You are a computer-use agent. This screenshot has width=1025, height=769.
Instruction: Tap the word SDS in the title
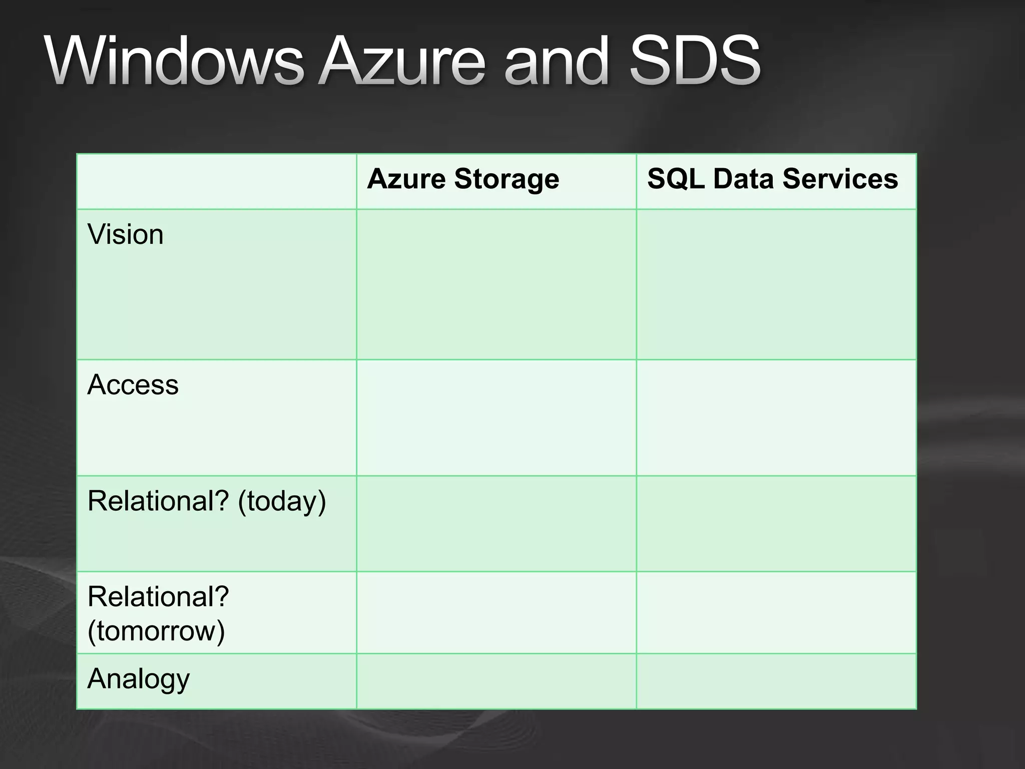point(695,61)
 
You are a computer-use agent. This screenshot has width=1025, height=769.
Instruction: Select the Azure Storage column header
point(463,179)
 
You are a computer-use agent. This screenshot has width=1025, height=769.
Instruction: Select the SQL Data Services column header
point(772,179)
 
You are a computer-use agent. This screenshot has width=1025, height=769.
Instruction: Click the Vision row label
point(126,234)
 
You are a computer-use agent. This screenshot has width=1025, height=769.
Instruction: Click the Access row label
point(133,384)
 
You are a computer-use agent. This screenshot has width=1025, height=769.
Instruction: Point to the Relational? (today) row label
point(206,501)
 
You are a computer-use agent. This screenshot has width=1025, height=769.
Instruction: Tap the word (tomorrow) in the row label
point(156,630)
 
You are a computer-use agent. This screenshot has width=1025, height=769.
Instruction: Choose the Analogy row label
point(139,679)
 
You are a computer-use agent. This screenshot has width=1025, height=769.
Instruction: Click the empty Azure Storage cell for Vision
point(496,284)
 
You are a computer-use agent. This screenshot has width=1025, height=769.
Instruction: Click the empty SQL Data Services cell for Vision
point(776,284)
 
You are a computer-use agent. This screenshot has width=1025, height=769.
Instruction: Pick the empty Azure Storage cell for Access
point(496,418)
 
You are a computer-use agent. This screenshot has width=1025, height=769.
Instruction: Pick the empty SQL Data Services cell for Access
point(776,418)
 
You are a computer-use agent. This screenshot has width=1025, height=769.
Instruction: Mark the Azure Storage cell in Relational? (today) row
point(496,524)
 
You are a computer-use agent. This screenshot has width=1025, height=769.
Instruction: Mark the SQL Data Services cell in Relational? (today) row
point(776,524)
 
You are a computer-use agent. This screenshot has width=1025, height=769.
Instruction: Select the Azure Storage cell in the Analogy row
point(496,681)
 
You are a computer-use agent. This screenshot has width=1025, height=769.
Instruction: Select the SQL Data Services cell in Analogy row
point(776,681)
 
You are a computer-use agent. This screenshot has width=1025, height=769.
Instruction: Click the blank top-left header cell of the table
point(216,181)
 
